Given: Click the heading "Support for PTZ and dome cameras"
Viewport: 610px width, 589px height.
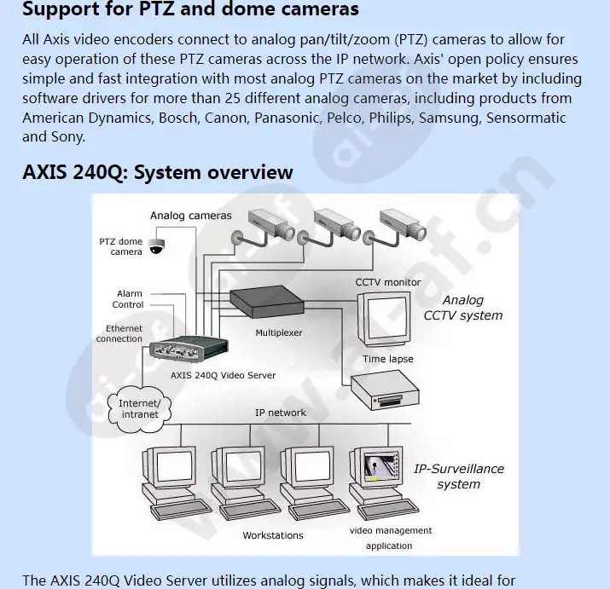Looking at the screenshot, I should point(190,10).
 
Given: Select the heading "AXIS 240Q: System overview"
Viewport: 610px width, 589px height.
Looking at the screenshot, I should point(157,171).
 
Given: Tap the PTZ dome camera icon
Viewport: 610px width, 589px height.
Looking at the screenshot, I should point(156,246).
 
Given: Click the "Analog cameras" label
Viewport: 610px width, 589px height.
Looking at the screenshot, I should point(190,216).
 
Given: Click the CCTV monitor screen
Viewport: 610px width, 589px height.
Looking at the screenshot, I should point(386,316).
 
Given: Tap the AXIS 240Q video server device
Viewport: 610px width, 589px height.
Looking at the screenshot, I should point(189,351).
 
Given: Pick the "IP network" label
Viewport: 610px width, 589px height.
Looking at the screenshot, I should point(281,413).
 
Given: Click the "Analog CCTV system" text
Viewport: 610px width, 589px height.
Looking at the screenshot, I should point(463,308).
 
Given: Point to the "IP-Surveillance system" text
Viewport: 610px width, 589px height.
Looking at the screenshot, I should point(459,476).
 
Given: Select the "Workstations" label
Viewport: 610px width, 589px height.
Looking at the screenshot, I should point(272,535).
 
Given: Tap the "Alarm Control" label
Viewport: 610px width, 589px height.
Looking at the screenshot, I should point(129,299).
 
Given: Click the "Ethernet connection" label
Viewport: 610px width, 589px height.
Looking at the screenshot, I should point(119,333).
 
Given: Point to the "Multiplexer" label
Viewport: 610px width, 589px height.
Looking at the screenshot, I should point(279,333).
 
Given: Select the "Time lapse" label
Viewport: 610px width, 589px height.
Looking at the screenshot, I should point(388,359).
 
